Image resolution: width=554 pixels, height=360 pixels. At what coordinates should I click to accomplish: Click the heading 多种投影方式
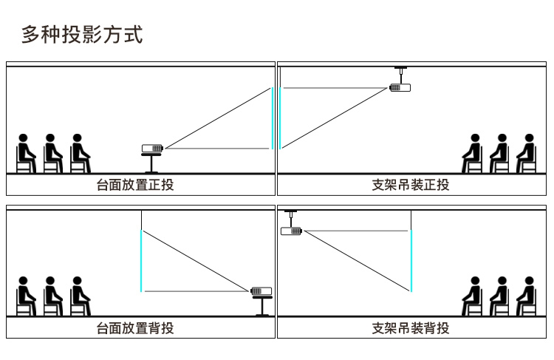(x=82, y=34)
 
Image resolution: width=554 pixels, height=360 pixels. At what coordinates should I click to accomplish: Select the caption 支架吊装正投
(x=411, y=185)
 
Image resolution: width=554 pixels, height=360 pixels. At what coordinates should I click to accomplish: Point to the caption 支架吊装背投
(x=411, y=327)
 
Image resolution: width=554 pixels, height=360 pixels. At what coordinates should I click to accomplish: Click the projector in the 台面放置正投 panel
(x=152, y=148)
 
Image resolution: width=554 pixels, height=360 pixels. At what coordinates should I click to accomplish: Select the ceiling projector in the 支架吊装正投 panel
(x=400, y=87)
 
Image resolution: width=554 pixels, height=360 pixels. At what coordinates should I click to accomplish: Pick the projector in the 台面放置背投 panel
(x=261, y=291)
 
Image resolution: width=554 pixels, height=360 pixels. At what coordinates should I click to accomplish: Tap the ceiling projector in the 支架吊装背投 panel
(x=292, y=231)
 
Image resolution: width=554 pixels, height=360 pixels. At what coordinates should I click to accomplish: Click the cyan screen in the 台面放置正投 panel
(x=273, y=118)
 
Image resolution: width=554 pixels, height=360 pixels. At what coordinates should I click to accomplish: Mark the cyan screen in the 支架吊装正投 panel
(x=281, y=118)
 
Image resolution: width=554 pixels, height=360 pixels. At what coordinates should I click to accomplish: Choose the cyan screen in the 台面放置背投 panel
(x=140, y=260)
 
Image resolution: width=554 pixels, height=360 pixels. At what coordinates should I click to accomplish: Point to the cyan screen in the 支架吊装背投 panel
(x=411, y=260)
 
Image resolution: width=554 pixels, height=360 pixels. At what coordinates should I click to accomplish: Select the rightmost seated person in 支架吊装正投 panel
(x=526, y=154)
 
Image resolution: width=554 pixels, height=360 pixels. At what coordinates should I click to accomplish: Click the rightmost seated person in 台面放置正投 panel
(x=79, y=154)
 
